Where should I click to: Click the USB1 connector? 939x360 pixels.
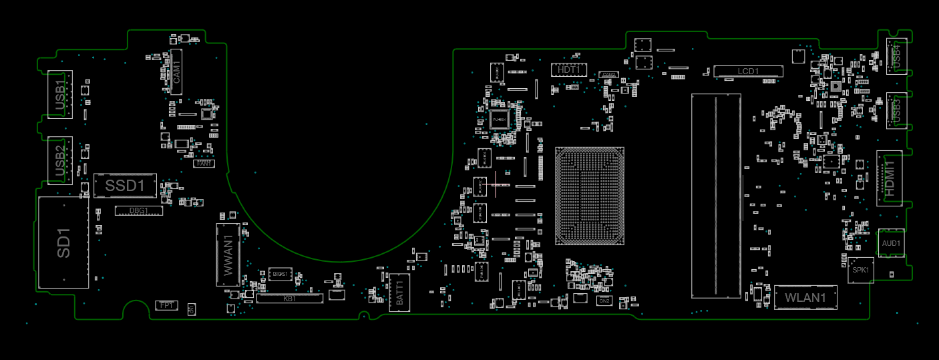59,94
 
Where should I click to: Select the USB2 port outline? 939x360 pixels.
59,160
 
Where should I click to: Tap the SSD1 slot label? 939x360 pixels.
125,186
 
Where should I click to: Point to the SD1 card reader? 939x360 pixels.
63,242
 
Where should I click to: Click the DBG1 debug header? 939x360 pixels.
139,211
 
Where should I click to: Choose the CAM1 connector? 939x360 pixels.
176,71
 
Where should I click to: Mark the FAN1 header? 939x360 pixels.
204,163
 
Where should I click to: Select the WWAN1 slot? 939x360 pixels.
228,255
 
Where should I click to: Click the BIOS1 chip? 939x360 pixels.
280,274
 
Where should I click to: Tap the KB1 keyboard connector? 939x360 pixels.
290,299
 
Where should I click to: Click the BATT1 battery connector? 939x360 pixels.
399,293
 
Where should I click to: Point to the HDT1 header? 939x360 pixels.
569,69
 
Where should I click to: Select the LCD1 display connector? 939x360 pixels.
748,71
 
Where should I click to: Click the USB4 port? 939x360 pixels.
896,56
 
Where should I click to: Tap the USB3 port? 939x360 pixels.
896,110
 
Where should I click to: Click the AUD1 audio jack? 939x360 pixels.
891,243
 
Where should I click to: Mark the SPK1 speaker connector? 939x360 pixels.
860,270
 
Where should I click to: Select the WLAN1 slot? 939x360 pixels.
805,297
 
